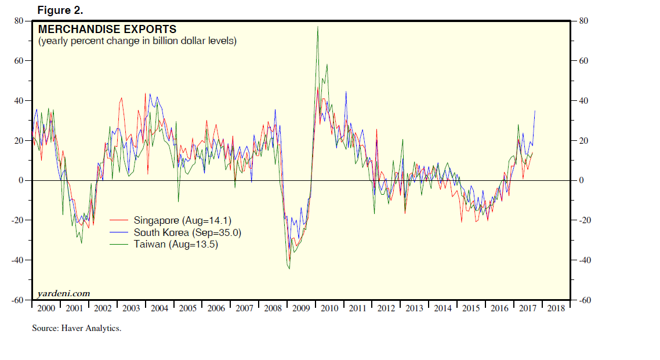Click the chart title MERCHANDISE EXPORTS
(107, 30)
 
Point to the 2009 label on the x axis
(301, 308)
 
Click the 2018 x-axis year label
(556, 308)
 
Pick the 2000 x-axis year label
(45, 308)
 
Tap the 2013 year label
(414, 308)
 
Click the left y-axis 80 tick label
(19, 21)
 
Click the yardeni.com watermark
(64, 294)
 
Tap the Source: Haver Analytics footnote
(77, 329)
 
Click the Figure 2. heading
(60, 10)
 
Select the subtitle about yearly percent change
(137, 41)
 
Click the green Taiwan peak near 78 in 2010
(317, 27)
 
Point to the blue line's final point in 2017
(535, 111)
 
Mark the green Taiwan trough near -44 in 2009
(289, 268)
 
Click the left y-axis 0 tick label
(21, 180)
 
